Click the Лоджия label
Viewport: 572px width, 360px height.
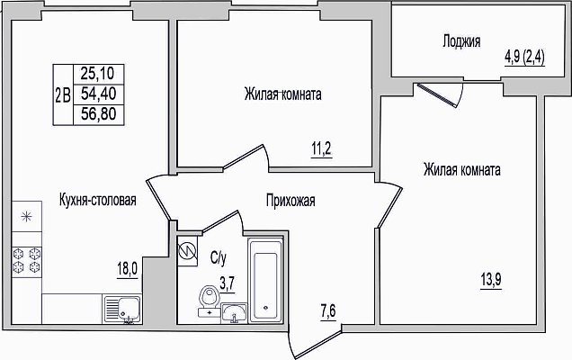tap(461, 41)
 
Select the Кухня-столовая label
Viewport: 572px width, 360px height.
tap(97, 200)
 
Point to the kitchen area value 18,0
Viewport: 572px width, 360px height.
tap(128, 270)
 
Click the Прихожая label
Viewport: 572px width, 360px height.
tap(290, 201)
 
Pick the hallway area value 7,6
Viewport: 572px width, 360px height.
tap(328, 311)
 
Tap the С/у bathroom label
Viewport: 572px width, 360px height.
tap(219, 258)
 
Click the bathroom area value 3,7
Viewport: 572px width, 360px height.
tap(227, 283)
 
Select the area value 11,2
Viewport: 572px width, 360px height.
tap(322, 149)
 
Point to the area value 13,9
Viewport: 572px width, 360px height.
tap(491, 281)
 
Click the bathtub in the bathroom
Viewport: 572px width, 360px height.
tap(266, 281)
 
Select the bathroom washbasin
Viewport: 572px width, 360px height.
tap(234, 313)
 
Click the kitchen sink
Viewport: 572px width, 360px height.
tap(122, 310)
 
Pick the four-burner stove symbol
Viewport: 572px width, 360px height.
tap(27, 260)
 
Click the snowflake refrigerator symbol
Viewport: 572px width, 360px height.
tap(27, 217)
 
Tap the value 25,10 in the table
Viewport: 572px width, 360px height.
tap(97, 74)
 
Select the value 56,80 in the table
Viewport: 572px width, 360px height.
tap(99, 114)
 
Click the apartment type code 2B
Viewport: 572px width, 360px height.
tap(63, 94)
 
